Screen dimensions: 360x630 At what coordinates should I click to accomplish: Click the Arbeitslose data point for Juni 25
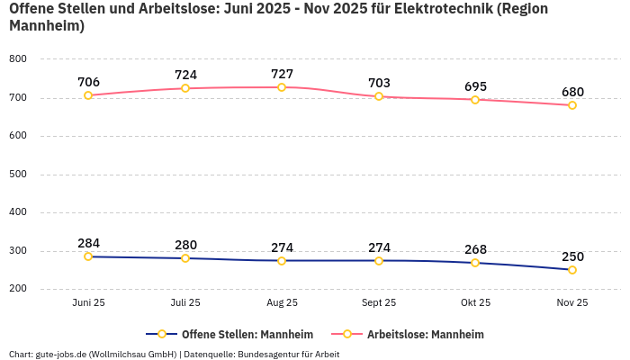88,95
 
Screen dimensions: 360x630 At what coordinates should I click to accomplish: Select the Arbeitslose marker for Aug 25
282,87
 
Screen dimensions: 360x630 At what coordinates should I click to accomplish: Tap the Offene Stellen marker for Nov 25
571,270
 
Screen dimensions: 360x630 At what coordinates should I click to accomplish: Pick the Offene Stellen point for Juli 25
185,258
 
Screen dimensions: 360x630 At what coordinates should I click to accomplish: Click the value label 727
282,74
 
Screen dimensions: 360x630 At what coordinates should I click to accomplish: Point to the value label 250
571,256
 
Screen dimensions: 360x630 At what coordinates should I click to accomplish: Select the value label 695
475,86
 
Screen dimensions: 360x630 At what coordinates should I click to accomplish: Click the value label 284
88,243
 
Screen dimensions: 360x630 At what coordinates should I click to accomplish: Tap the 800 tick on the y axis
18,59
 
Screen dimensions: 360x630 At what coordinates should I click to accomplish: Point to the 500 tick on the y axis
18,175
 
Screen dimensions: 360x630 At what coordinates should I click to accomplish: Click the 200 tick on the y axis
18,289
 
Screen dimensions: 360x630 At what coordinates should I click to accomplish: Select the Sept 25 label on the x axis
379,303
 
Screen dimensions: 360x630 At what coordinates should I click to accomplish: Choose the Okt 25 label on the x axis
475,303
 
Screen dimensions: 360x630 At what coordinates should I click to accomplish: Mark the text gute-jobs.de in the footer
65,355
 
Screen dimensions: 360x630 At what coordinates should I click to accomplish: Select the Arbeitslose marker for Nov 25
571,105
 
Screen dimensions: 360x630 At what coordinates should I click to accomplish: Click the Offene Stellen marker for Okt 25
475,263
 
